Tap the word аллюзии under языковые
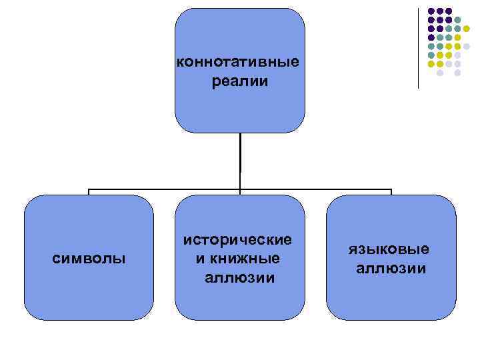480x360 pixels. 391,268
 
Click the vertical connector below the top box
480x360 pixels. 240,160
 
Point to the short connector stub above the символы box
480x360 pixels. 89,192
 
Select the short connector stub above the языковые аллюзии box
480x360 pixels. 391,192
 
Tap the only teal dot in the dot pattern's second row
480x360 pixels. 458,20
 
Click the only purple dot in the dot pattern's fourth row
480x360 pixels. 431,37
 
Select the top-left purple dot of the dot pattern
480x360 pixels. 431,11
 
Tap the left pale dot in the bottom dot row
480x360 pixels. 440,73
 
